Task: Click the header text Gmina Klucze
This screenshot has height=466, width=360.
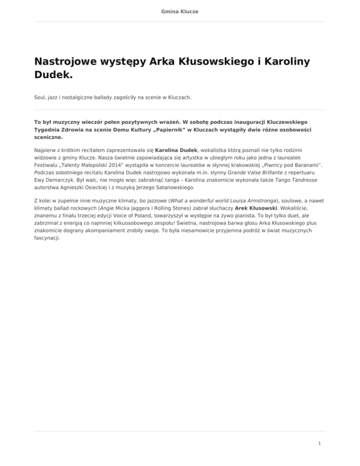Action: click(x=180, y=11)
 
